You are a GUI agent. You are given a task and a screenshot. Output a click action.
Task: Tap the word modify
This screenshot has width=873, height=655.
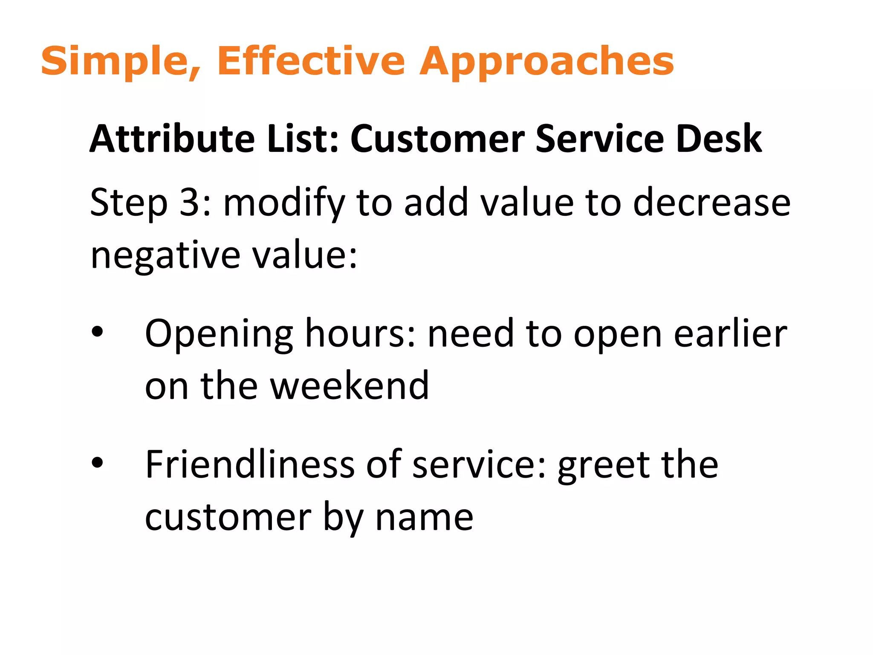(283, 203)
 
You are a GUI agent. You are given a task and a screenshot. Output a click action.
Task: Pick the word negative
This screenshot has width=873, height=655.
(165, 256)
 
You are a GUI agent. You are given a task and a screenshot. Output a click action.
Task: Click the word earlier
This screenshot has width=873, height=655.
(730, 333)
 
